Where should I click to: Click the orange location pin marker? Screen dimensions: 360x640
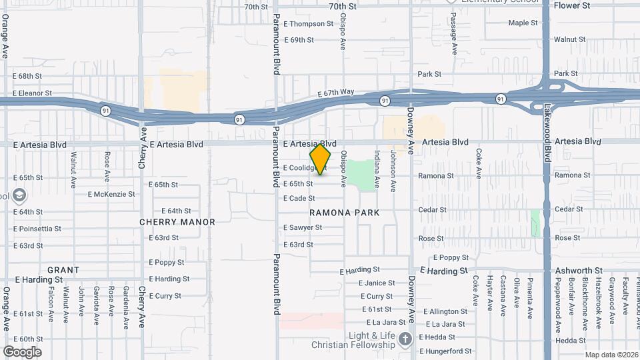320,159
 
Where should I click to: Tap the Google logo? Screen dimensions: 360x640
22,351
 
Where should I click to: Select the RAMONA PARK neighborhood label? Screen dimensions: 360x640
345,213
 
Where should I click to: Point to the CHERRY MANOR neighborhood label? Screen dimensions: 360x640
177,222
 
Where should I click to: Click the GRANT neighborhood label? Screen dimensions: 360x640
63,270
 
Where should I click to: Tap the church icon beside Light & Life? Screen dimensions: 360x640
404,340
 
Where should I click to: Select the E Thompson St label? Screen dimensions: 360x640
308,23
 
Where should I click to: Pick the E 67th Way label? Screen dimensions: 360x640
335,93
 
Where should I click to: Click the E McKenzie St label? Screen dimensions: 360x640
111,195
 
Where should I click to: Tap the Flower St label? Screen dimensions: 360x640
572,5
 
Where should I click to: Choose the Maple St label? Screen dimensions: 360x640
523,23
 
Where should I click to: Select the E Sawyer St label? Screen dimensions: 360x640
302,227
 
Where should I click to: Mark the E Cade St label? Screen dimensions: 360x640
299,198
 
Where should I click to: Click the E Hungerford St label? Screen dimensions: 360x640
445,351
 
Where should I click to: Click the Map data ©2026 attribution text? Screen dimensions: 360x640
611,355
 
